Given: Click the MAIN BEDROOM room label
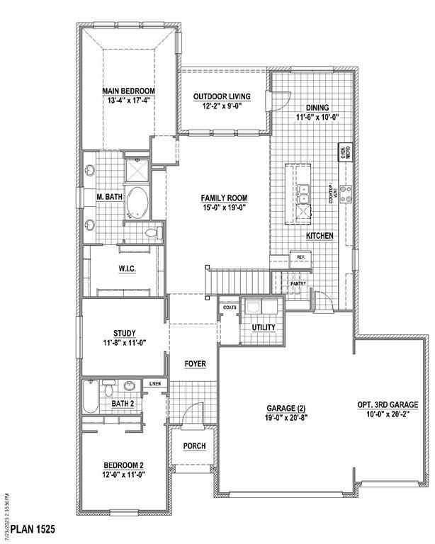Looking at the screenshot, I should coord(128,91).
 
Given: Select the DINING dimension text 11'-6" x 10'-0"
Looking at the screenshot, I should coord(317,118).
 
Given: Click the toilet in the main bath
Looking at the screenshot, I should coord(151,232).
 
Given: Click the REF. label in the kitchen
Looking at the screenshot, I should coord(300,257).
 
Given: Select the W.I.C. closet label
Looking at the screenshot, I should coord(128,268).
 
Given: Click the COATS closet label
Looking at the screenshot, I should coord(229,307).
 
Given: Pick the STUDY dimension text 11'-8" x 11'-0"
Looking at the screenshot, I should coord(124,344).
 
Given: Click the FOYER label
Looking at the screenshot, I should coord(196,364).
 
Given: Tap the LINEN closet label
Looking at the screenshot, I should coord(155,384).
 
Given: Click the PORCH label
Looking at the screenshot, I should coord(194,446).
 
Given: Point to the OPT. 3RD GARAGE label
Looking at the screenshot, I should coord(388,405).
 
